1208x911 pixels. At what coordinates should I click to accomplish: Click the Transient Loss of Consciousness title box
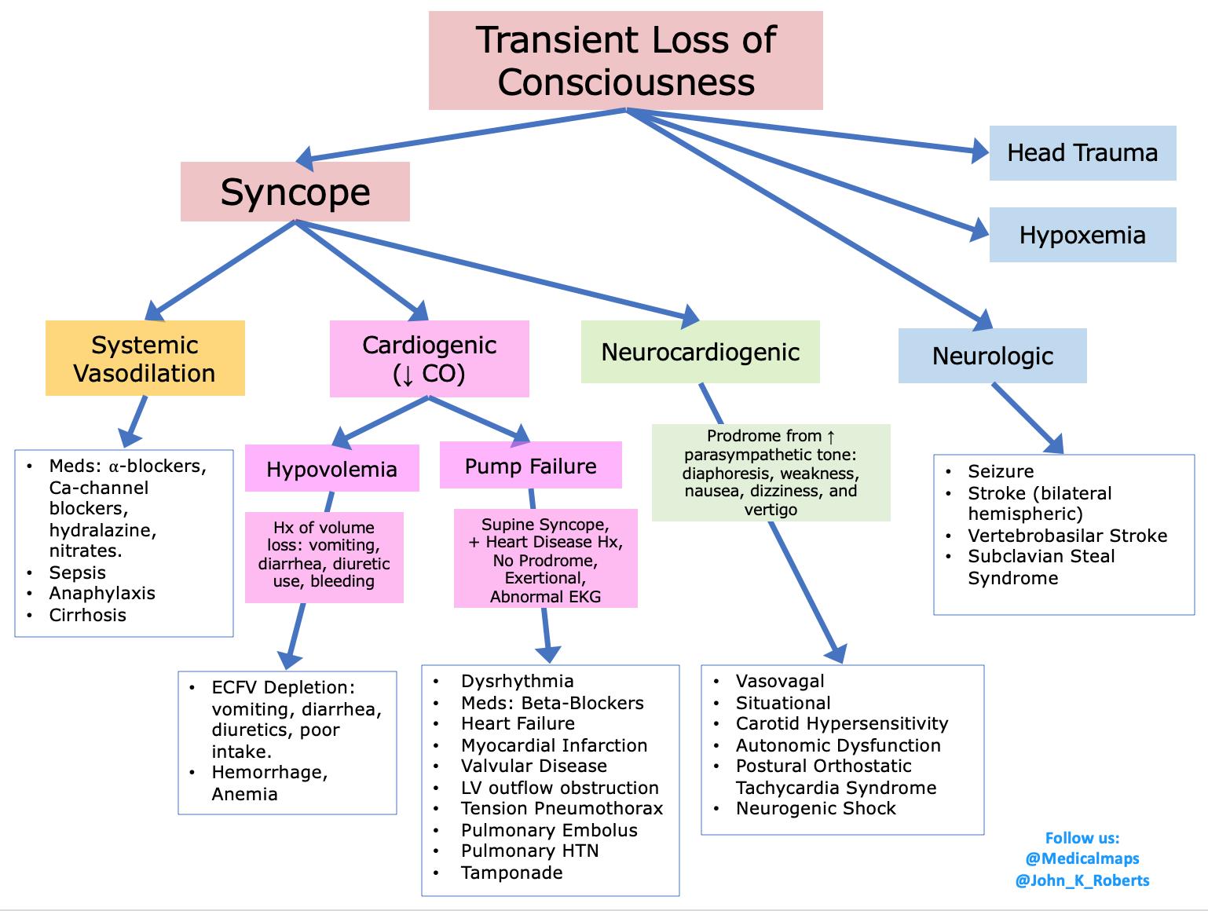pos(625,60)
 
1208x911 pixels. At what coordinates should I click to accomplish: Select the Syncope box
pos(295,192)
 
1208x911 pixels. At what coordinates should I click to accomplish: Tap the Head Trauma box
pos(1082,153)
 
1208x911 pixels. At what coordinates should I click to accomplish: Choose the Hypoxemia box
pos(1082,235)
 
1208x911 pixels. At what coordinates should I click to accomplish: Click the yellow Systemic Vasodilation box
pos(145,358)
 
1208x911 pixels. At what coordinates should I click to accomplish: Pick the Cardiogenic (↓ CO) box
pos(429,358)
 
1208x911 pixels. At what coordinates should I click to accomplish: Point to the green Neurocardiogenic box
pos(700,352)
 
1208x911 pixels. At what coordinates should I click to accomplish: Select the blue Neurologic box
pos(992,356)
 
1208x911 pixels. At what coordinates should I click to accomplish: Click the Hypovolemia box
pos(331,469)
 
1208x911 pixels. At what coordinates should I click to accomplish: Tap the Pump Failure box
pos(530,466)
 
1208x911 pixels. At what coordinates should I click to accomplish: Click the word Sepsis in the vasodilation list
pos(77,573)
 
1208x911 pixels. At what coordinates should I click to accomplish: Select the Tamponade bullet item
pos(511,873)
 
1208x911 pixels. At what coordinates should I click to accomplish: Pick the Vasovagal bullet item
pos(779,681)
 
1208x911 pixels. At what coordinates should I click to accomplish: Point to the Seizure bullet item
pos(1000,471)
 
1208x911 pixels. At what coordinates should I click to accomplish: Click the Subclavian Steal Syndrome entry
pos(1041,567)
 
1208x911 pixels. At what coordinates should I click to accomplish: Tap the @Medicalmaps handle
pos(1082,859)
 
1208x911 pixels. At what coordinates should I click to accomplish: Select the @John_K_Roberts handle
pos(1082,880)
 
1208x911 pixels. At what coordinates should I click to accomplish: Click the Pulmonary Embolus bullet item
pos(548,830)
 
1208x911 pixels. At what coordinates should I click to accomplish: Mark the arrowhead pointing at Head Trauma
pos(979,151)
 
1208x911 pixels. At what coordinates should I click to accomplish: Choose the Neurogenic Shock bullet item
pos(815,808)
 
